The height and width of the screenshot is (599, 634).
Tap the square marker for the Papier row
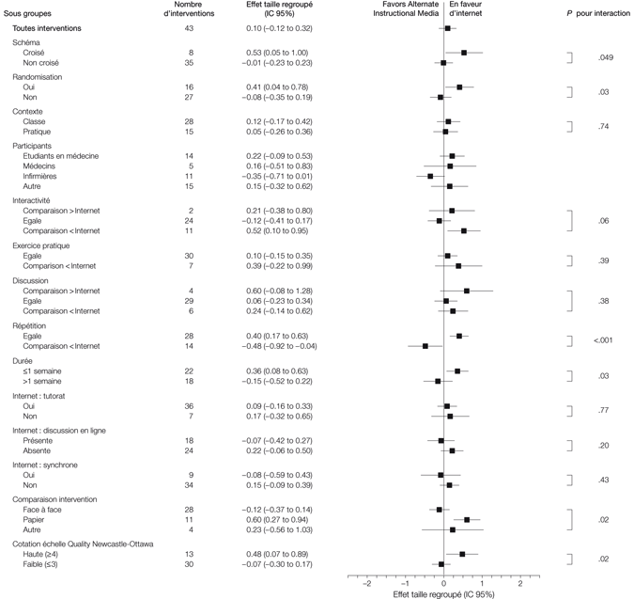click(467, 518)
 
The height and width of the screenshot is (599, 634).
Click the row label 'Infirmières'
click(47, 176)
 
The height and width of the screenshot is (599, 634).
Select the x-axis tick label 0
click(444, 583)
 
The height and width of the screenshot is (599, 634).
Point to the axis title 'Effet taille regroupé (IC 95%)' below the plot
click(443, 593)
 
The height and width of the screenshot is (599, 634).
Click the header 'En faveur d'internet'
click(467, 10)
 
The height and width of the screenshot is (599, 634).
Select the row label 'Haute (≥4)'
click(44, 554)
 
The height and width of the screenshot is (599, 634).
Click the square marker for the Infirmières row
click(430, 176)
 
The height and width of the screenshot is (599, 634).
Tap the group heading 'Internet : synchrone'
click(51, 465)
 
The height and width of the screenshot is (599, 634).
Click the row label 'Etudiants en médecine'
click(64, 155)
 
